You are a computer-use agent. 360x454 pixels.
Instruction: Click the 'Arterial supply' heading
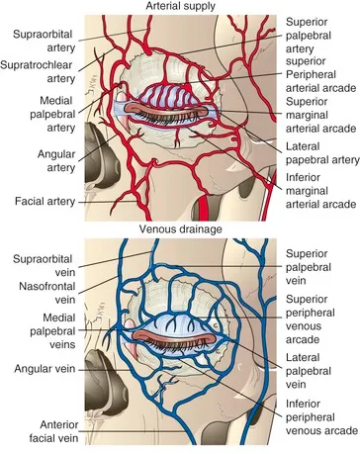(180, 8)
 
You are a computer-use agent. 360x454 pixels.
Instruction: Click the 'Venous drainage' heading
(180, 232)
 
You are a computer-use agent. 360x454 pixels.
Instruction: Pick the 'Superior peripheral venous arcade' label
(317, 314)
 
